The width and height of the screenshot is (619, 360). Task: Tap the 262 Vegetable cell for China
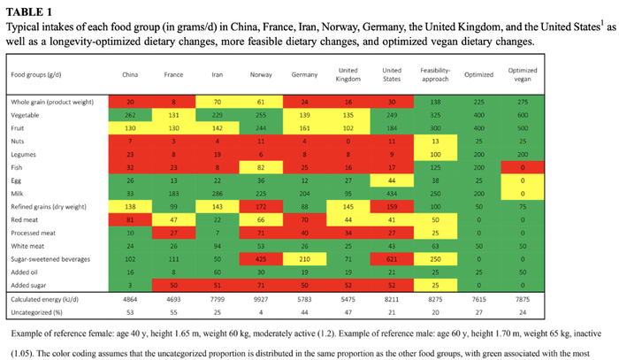(130, 115)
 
